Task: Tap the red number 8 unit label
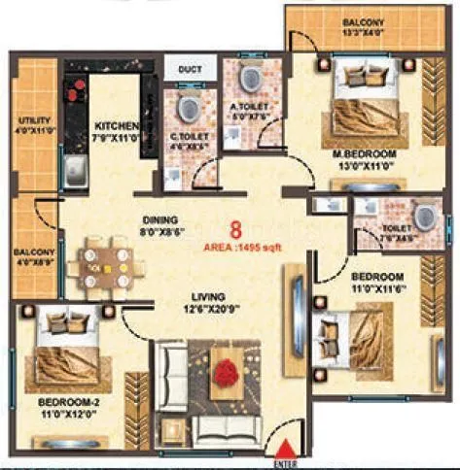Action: [x=234, y=230]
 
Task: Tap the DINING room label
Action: [x=159, y=219]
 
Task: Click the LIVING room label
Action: [x=209, y=295]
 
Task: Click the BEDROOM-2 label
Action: [x=65, y=402]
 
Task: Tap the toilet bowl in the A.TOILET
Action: [x=249, y=77]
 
